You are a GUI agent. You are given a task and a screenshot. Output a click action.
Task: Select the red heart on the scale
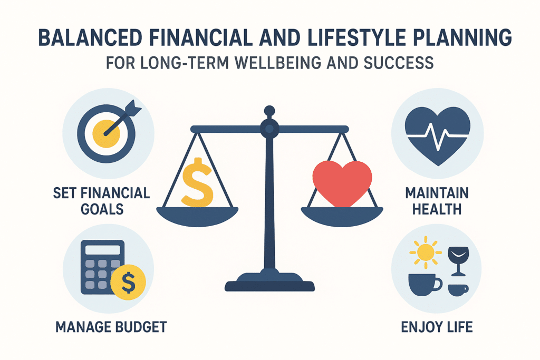342,182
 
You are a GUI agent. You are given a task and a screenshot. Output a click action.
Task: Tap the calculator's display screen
103,249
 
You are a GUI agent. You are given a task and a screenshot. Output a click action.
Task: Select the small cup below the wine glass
458,289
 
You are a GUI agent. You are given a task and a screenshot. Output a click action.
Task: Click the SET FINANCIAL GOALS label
101,200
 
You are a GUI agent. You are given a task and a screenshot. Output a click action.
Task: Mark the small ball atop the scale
269,111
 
